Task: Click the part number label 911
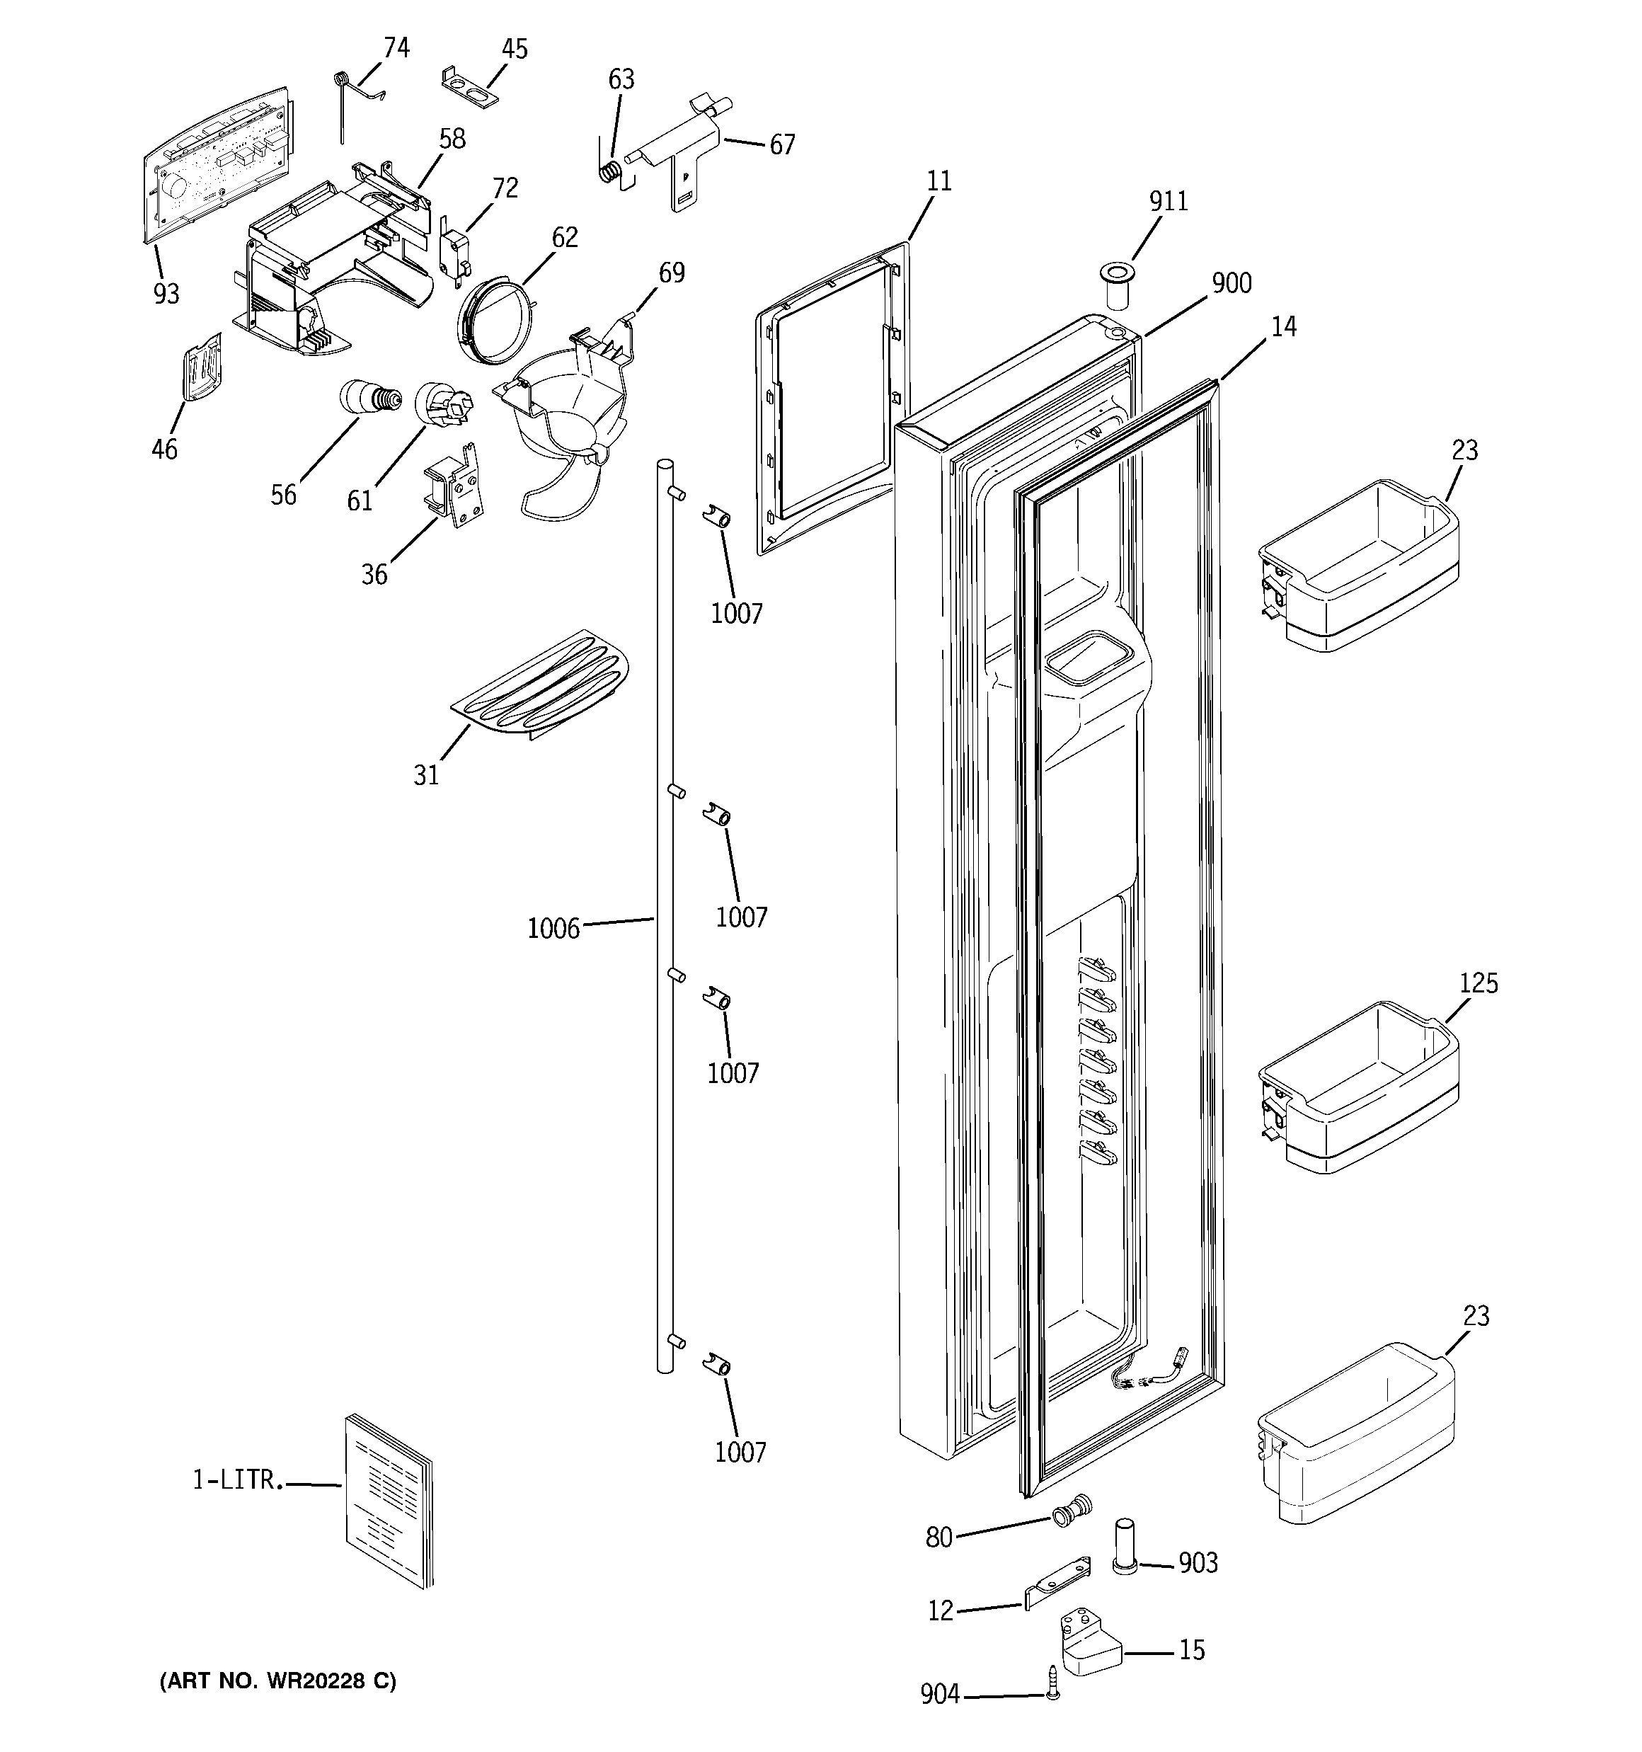[1168, 202]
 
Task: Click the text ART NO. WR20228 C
[277, 1681]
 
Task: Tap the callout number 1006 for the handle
[553, 929]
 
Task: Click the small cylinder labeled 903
[1125, 1545]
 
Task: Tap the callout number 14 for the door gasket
[1283, 327]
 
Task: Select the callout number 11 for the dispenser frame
[938, 181]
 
